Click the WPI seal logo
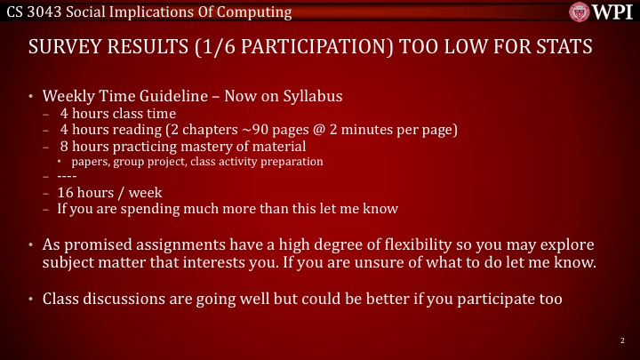click(580, 12)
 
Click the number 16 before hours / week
click(65, 192)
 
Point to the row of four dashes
click(67, 176)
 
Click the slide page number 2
click(622, 340)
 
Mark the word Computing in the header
click(254, 12)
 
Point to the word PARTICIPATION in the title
click(315, 46)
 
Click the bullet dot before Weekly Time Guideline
click(30, 97)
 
